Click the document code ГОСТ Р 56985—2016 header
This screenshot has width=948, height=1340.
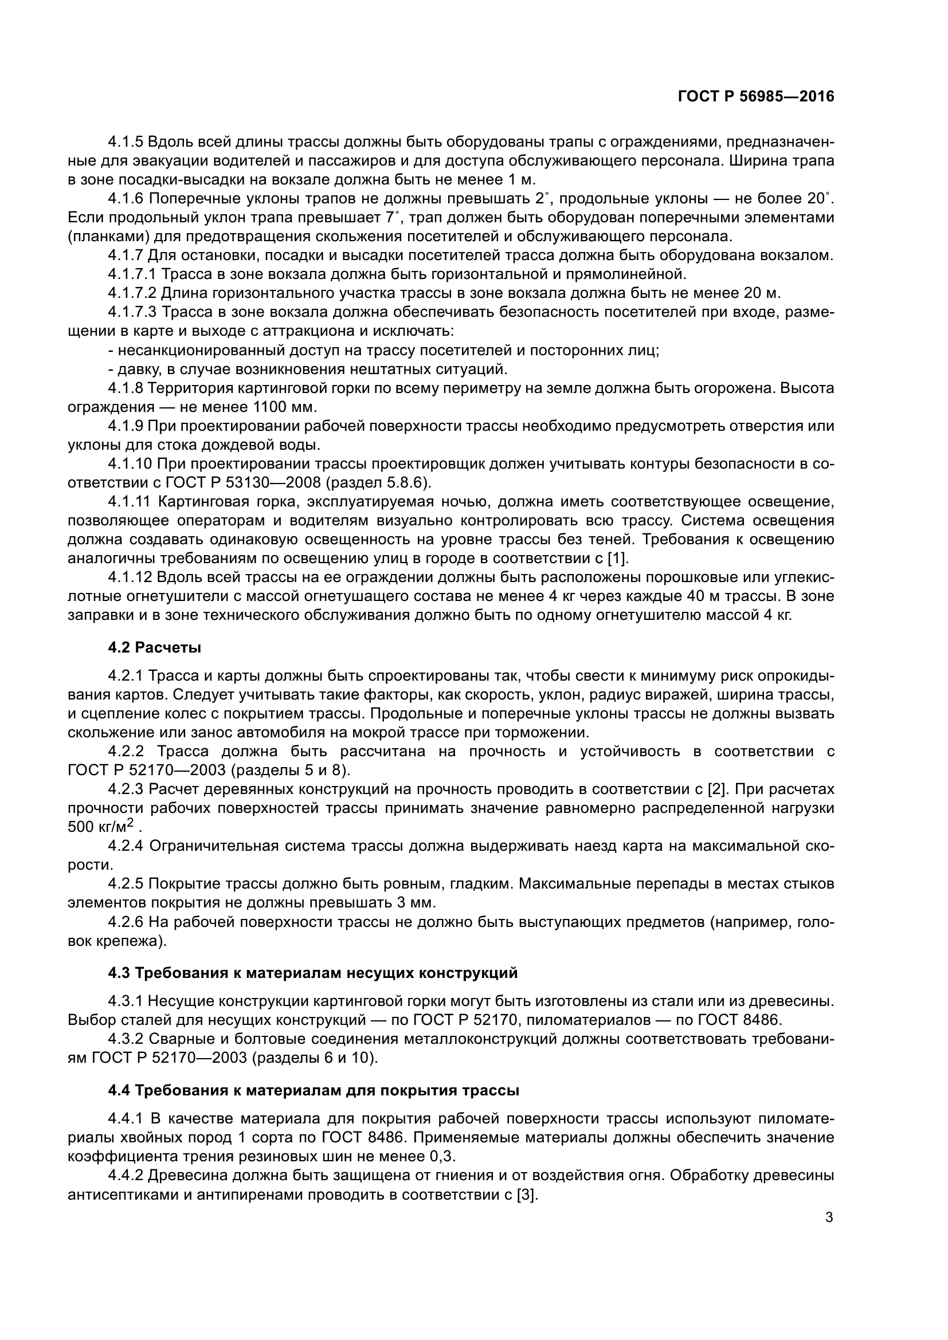(755, 97)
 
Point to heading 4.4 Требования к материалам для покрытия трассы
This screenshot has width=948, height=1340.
(314, 1090)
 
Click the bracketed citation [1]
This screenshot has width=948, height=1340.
(617, 559)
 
